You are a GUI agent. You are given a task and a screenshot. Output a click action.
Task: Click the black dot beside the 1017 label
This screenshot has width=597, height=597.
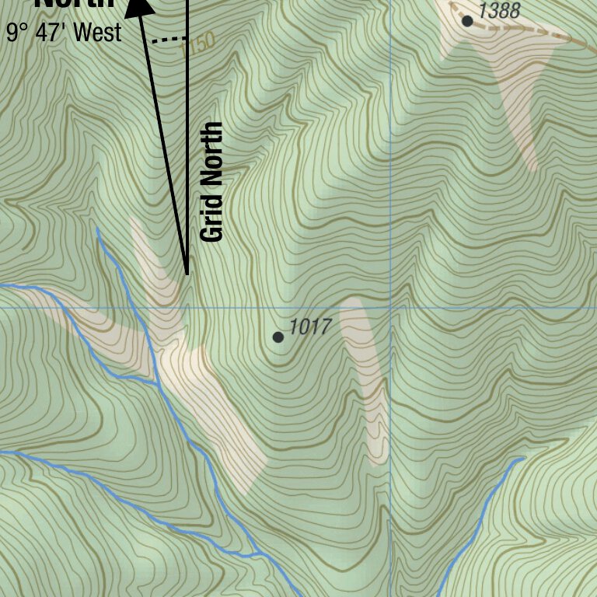tap(278, 337)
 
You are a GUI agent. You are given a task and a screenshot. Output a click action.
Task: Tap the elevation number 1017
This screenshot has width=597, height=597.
tap(310, 327)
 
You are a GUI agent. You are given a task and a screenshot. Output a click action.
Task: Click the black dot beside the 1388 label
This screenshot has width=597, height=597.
tap(467, 21)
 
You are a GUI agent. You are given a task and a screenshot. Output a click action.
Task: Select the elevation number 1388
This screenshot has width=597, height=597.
tap(499, 11)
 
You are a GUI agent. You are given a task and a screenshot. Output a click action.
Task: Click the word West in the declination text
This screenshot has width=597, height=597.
tap(99, 33)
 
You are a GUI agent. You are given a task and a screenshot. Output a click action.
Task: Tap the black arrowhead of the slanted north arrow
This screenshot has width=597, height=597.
tap(139, 6)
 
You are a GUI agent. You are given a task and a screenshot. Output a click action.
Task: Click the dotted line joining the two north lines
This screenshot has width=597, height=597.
tap(169, 38)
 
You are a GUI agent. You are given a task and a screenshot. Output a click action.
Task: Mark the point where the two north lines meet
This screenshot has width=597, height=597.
tap(187, 274)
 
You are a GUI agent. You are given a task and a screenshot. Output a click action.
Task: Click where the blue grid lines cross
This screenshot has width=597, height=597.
tap(390, 307)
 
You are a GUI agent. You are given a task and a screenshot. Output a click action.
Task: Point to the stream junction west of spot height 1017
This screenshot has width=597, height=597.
tap(158, 382)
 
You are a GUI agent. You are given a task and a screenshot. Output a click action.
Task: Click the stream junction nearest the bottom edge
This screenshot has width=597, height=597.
tap(257, 555)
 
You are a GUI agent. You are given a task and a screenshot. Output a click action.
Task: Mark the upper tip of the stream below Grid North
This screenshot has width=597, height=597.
tap(97, 229)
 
